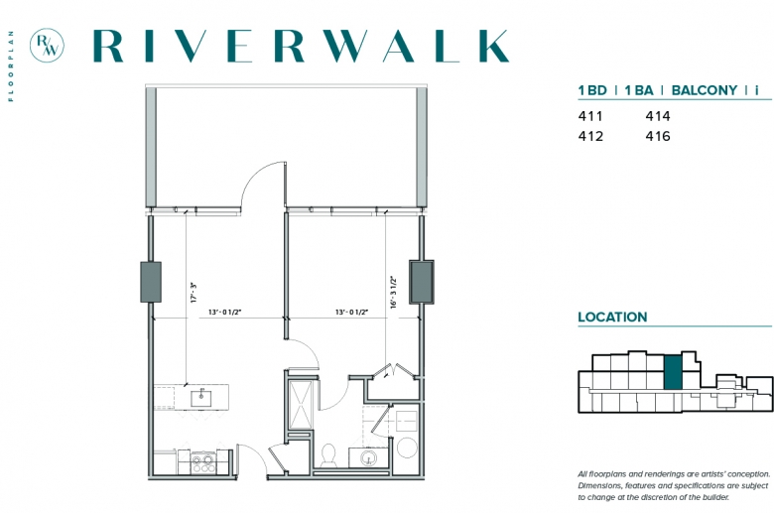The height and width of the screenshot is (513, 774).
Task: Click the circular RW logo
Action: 47,46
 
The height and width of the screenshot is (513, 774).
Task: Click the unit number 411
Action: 590,116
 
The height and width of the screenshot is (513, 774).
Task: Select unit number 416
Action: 658,136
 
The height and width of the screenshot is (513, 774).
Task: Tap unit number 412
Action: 590,136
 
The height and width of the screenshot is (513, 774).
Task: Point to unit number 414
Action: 658,116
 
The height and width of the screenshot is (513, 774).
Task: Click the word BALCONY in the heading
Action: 705,90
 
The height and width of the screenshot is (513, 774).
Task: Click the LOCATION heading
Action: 612,317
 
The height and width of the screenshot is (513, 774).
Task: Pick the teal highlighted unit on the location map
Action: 673,372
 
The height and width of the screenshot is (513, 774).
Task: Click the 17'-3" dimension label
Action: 193,293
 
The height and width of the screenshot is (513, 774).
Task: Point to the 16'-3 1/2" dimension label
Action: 393,293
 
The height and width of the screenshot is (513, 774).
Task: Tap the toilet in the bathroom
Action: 328,455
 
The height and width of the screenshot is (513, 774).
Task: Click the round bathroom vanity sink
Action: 368,457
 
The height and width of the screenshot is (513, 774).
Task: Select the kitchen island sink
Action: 201,398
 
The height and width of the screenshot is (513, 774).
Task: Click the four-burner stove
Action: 202,462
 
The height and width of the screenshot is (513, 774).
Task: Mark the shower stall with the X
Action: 301,404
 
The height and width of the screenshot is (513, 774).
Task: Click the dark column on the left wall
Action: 151,282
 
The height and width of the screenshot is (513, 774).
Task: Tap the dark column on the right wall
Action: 422,282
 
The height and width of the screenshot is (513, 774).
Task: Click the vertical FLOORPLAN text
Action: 11,66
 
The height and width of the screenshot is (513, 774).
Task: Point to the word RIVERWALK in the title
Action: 301,46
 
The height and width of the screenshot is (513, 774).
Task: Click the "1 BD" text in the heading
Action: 592,90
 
